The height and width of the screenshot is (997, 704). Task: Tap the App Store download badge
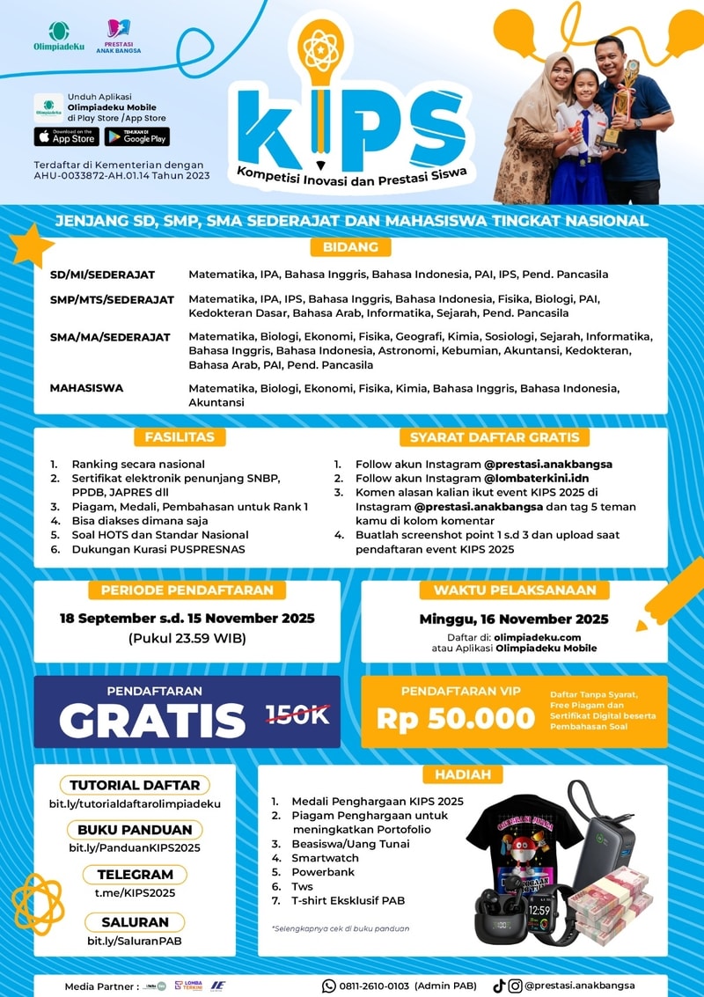tap(66, 137)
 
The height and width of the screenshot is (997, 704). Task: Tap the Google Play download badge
tap(136, 137)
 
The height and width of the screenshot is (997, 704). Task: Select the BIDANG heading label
tap(350, 247)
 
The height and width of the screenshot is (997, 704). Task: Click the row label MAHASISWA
tap(87, 388)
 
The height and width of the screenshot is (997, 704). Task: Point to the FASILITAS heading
tap(180, 436)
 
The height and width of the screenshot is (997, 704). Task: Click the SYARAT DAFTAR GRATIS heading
tap(495, 436)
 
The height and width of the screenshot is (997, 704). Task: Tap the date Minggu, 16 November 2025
tap(514, 618)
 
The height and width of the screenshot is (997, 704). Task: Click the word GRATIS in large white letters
tap(152, 720)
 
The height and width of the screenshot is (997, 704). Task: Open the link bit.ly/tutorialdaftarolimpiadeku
tap(135, 803)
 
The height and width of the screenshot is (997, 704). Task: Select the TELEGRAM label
tap(135, 875)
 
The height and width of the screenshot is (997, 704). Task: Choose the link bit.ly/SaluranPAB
tap(135, 941)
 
